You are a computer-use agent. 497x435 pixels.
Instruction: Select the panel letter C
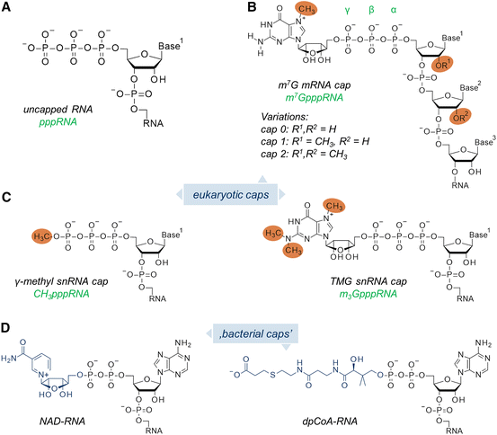click(x=8, y=195)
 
